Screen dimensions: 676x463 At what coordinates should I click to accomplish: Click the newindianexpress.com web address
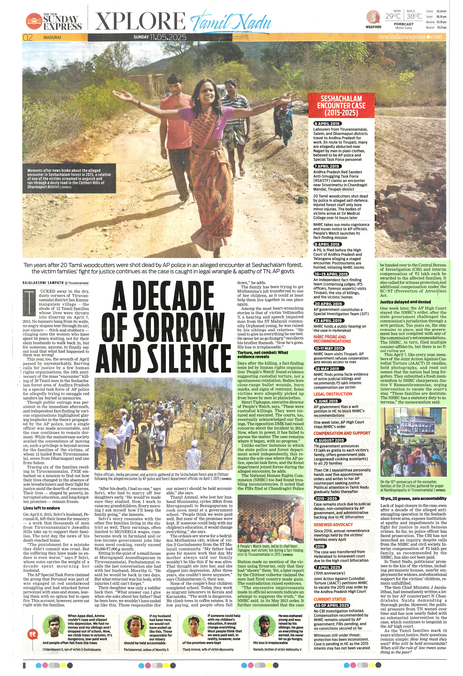point(410,37)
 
